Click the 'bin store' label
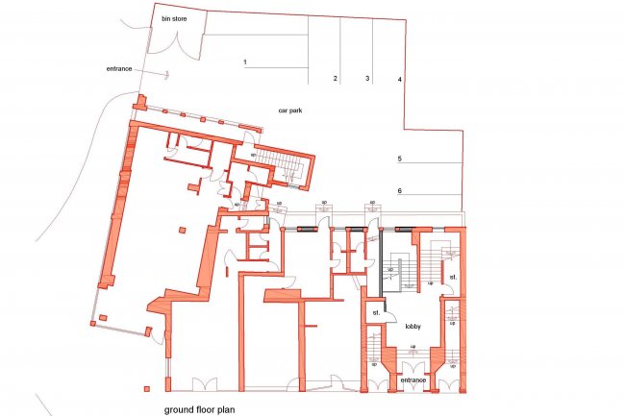172,18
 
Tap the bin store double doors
177,42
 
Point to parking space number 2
335,78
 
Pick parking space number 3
366,78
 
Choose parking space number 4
400,78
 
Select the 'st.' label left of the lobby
376,312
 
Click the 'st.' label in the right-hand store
451,279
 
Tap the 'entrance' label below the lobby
412,380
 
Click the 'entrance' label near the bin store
119,69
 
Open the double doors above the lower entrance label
412,367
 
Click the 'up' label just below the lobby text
413,347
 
